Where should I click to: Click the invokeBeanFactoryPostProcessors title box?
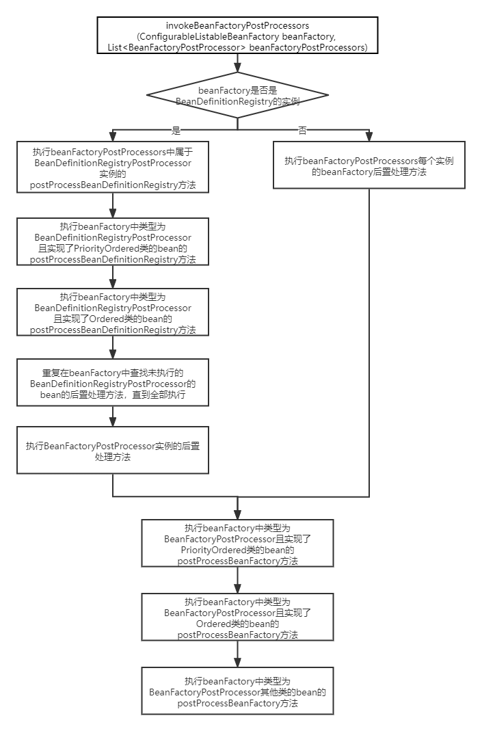pos(237,36)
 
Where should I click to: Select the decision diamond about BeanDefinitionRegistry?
pos(237,96)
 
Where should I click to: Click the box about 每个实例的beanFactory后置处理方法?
pos(369,165)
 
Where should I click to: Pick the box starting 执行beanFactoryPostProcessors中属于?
pos(113,168)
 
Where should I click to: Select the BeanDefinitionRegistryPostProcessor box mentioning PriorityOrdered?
pos(113,242)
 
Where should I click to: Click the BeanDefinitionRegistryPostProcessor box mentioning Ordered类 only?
pos(113,313)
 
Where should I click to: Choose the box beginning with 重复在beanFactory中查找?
pos(113,384)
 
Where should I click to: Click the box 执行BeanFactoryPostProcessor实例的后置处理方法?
pos(113,451)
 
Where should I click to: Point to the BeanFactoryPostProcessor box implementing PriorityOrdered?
pos(237,544)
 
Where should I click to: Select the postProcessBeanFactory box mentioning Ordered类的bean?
pos(237,617)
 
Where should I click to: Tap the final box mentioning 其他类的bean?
pos(237,691)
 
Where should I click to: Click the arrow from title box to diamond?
pos(237,63)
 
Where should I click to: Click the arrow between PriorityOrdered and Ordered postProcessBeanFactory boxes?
pos(237,580)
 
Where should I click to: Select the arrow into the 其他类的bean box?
pos(237,654)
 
